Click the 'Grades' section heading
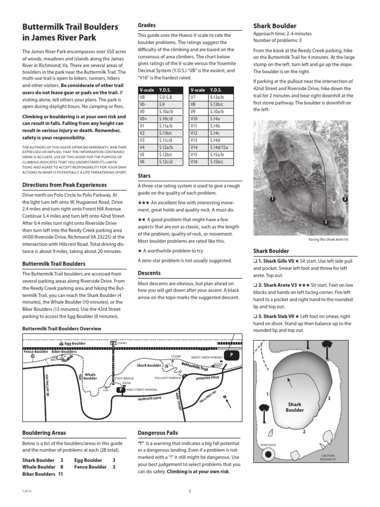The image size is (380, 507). (x=146, y=25)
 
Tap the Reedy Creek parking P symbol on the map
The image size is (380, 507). (x=231, y=355)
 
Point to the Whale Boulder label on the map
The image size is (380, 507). (x=91, y=377)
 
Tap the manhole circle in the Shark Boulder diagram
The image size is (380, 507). (x=269, y=455)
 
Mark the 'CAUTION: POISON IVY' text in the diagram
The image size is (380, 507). (x=328, y=457)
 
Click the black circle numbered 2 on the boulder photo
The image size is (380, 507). (x=326, y=221)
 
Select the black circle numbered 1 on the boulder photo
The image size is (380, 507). (x=272, y=199)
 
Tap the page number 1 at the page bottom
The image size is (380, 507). (x=190, y=491)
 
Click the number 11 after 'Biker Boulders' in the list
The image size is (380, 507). (x=61, y=474)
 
